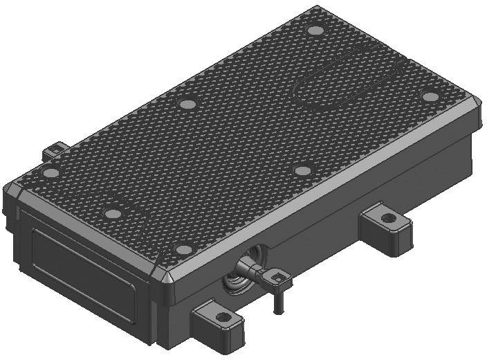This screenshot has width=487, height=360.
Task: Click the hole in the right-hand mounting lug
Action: tap(389, 218)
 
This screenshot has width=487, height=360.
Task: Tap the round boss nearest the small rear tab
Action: tap(50, 172)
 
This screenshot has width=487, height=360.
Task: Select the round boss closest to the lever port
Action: tap(183, 249)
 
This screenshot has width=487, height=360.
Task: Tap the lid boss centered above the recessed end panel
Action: tap(111, 213)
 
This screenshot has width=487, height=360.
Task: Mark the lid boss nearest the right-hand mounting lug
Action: tap(302, 170)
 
